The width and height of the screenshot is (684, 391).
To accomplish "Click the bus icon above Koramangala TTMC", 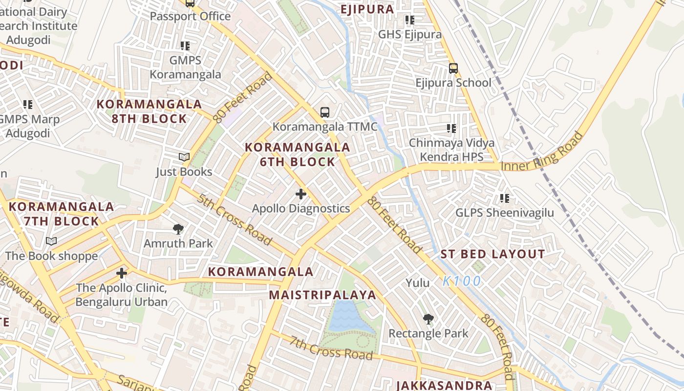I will pos(325,112).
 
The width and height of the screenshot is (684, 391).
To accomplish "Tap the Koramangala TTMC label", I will pos(325,127).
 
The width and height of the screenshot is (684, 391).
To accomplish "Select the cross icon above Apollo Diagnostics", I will pos(301,194).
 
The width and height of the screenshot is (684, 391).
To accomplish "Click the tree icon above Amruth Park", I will pos(178,229).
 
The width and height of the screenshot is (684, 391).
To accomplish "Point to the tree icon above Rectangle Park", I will pos(428,319).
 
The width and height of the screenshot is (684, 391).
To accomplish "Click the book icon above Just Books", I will pos(184,157).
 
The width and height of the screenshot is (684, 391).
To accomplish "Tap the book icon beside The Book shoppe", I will pos(51,241).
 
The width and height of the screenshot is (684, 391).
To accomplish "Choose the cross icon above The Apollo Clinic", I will pos(122,273).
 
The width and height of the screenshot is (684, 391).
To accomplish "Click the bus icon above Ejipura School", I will pos(453,68).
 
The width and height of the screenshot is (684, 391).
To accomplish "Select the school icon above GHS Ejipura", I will pos(409,20).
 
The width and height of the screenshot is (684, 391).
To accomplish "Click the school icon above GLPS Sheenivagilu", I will pos(505,198).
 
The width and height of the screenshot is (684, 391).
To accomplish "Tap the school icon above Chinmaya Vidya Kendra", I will pos(451,129).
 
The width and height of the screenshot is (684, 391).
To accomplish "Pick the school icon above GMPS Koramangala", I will pos(185,46).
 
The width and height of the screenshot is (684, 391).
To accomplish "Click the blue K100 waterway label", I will pos(462,282).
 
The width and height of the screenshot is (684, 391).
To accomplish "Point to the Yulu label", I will pos(418,283).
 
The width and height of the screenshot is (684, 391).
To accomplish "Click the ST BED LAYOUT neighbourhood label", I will pos(492,254).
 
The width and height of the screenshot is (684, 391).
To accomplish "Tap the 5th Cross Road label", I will pos(235,219).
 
